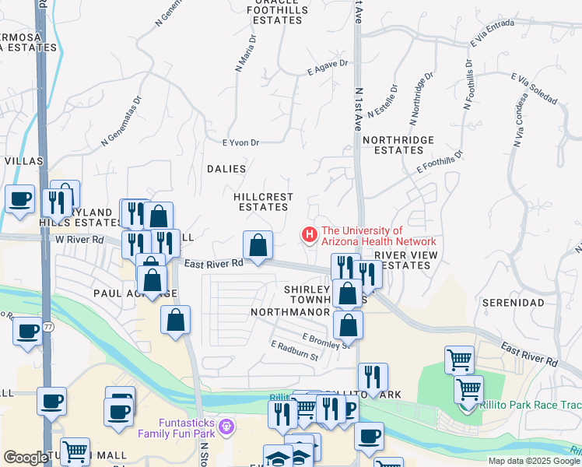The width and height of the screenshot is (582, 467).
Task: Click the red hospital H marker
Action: (x=310, y=233)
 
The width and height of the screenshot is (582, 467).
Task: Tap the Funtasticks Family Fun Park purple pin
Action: (x=226, y=426)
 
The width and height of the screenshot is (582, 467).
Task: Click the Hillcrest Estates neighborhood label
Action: (x=261, y=202)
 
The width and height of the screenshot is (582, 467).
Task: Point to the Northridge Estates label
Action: (x=398, y=145)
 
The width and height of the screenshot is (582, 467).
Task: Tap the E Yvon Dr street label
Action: (x=240, y=142)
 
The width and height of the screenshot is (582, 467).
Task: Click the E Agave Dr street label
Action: (x=328, y=68)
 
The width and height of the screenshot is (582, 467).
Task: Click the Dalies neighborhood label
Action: (x=226, y=169)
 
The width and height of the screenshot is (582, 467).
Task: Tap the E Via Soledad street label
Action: (x=535, y=90)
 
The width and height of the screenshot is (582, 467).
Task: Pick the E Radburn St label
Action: (x=295, y=351)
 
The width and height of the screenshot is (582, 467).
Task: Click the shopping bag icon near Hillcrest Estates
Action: (x=258, y=246)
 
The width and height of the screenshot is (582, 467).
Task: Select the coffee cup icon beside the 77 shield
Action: (x=28, y=332)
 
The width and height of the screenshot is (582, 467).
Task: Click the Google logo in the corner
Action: (x=26, y=458)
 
